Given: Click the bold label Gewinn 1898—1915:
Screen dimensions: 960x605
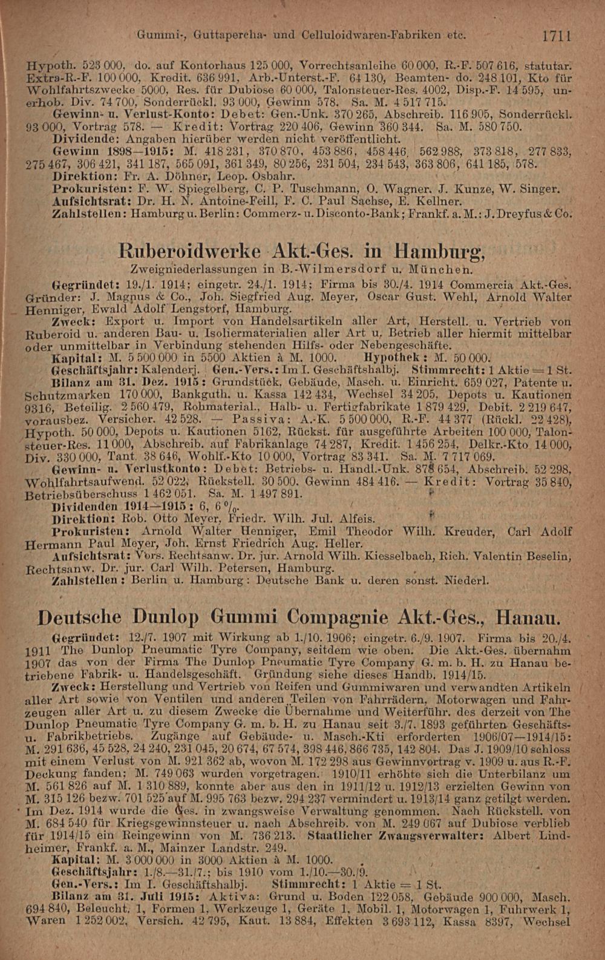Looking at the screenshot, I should [x=99, y=154].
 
